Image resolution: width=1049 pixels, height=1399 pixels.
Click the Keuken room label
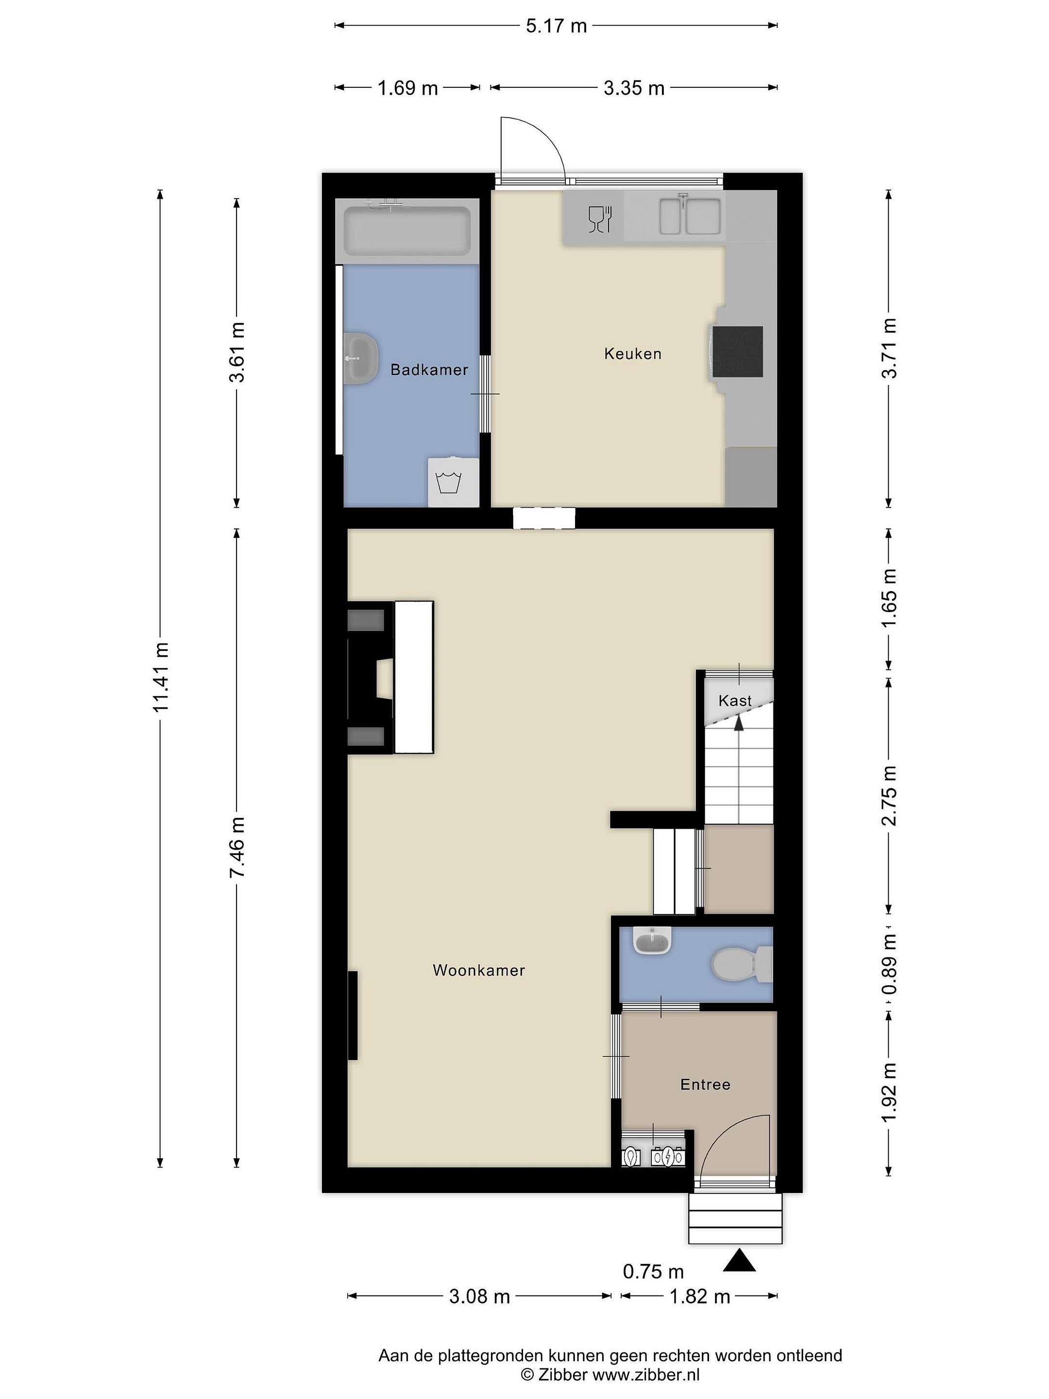point(632,354)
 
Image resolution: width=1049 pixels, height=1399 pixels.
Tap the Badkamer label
point(429,370)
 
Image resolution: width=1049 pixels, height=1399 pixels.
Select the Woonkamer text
point(479,970)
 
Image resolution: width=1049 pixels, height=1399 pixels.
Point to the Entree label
point(705,1085)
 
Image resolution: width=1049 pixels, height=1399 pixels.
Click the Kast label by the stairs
point(735,701)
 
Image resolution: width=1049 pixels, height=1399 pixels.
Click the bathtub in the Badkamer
point(407,232)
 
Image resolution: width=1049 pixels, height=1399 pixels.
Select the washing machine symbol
point(453,482)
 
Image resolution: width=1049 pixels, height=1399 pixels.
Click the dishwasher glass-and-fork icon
point(599,218)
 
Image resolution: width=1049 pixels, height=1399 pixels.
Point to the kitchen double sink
point(690,216)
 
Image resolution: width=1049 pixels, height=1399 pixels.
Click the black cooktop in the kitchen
point(737,352)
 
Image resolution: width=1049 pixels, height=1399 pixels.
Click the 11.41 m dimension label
point(161,677)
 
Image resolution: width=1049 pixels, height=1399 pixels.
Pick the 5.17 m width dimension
point(557,26)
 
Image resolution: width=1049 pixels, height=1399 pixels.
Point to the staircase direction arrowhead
point(738,724)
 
